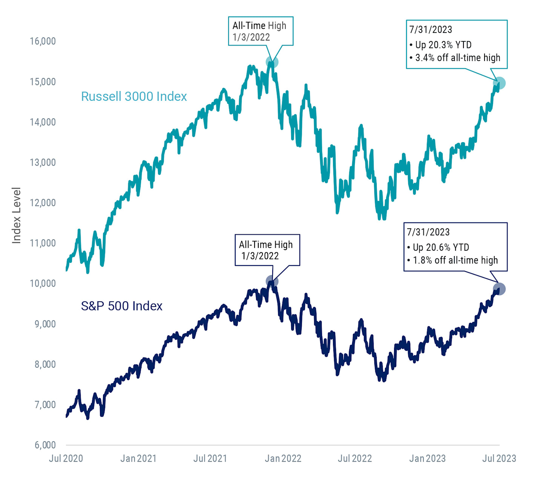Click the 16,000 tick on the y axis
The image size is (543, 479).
pyautogui.click(x=43, y=41)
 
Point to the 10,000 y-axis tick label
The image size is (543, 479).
pyautogui.click(x=43, y=283)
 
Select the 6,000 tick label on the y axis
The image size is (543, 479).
pyautogui.click(x=45, y=445)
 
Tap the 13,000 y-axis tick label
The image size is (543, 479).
pyautogui.click(x=43, y=162)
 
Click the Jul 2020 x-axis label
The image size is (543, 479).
pyautogui.click(x=66, y=458)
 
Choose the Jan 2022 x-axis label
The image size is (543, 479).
pyautogui.click(x=283, y=458)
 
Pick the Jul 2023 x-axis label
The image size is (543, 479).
pyautogui.click(x=499, y=458)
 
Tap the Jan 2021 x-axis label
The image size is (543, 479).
pyautogui.click(x=138, y=458)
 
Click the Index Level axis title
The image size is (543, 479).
pyautogui.click(x=16, y=215)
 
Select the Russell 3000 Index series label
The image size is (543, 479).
pyautogui.click(x=134, y=97)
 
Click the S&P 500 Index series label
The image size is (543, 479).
pyautogui.click(x=121, y=306)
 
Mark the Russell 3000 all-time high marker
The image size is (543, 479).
pyautogui.click(x=272, y=62)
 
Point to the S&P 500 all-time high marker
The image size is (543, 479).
pyautogui.click(x=272, y=281)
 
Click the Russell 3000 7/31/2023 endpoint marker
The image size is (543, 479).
pyautogui.click(x=499, y=83)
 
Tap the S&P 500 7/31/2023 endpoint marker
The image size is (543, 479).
pyautogui.click(x=499, y=289)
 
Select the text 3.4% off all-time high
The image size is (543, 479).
pyautogui.click(x=457, y=58)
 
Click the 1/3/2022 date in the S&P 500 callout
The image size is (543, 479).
pyautogui.click(x=260, y=256)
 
